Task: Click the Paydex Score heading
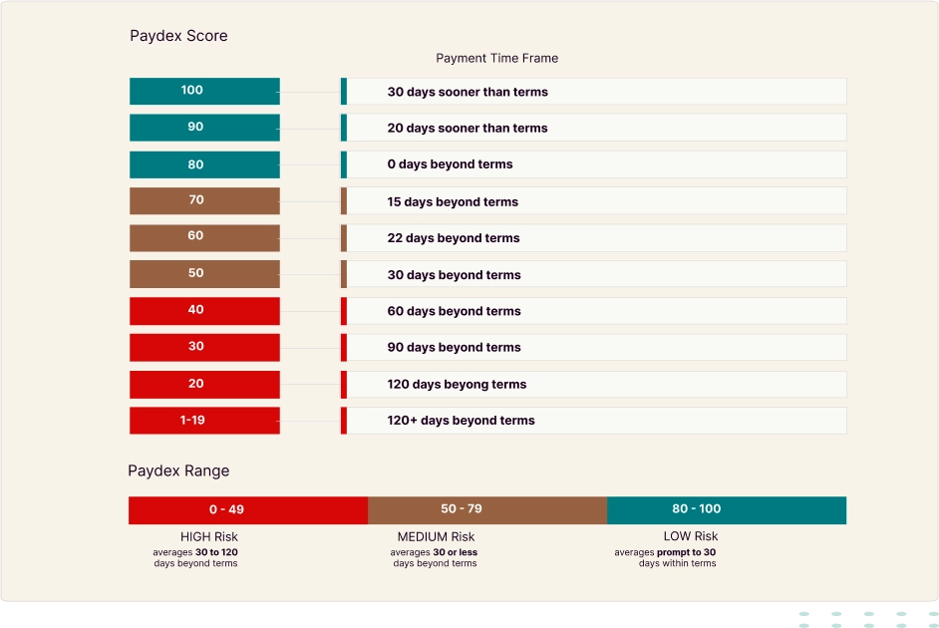[x=178, y=36]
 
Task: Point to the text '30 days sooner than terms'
[x=468, y=92]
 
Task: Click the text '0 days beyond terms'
[x=450, y=164]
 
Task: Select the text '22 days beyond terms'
[x=454, y=238]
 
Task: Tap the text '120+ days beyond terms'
[x=461, y=421]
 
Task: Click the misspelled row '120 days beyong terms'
[x=457, y=384]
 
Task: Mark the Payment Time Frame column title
[x=496, y=58]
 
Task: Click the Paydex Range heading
[x=178, y=471]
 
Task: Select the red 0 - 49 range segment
[x=248, y=509]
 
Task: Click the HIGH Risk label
[x=208, y=537]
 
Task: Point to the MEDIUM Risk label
[x=436, y=537]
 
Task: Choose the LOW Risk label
[x=690, y=537]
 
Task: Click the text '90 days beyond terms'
[x=454, y=348]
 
